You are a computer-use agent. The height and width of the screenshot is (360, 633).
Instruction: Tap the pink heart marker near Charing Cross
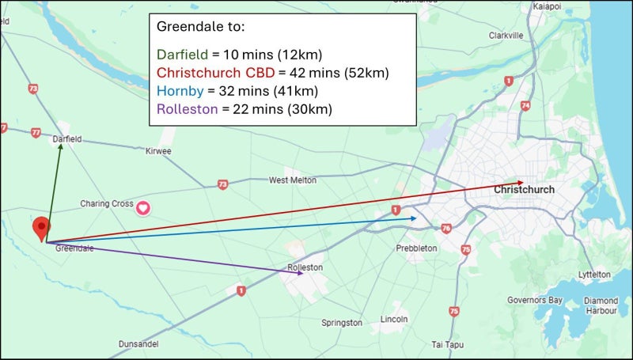pos(144,208)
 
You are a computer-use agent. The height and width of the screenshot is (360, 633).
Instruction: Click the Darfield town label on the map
pos(67,139)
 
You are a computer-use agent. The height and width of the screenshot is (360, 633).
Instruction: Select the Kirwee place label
pos(158,150)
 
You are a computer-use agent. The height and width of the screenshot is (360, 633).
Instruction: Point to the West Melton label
pos(293,180)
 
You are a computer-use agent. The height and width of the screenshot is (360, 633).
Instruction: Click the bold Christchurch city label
pos(524,191)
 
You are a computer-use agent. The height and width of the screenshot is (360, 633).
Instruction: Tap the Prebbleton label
pos(416,248)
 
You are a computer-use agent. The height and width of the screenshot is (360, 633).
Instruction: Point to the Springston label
pos(342,323)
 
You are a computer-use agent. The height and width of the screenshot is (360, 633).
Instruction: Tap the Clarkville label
pos(506,36)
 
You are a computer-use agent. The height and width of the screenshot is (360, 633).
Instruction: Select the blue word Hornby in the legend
pos(180,91)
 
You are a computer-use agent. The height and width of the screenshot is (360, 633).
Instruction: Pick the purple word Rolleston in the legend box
pos(187,109)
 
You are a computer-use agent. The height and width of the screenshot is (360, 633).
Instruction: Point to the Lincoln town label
pos(394,319)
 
